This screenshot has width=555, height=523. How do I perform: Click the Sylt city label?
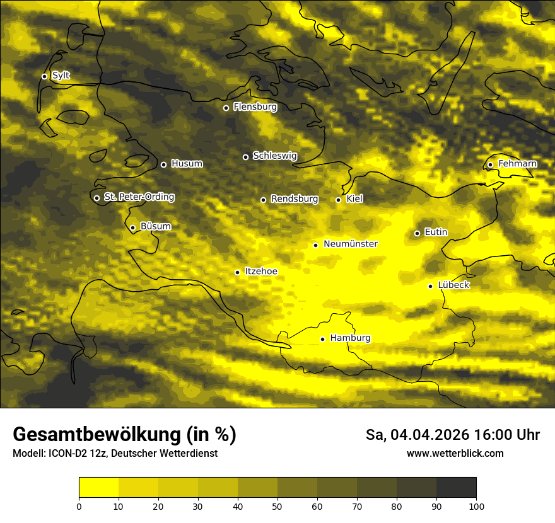point(61,76)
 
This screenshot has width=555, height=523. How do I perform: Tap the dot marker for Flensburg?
point(226,108)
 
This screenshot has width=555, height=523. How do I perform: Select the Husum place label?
point(187,164)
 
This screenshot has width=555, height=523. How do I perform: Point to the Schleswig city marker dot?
point(246,157)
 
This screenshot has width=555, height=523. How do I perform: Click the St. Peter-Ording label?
point(139,197)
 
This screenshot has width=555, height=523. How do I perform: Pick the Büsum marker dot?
point(132,227)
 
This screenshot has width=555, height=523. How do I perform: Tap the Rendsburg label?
point(294,199)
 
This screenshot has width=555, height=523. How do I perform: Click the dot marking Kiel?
point(338,200)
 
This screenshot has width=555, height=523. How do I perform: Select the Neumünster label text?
point(351,244)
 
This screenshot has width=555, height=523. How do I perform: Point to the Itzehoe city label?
point(260,272)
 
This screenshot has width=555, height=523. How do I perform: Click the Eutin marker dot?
point(417,233)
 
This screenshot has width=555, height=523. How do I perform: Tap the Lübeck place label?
point(453,285)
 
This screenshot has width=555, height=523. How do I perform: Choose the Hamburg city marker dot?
point(322,339)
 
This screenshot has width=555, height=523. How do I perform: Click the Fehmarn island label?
point(517,164)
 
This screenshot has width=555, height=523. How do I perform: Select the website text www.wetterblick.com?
point(455,453)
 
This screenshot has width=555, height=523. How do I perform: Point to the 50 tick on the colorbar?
point(277,506)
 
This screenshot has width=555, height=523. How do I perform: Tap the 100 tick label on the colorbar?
point(476,506)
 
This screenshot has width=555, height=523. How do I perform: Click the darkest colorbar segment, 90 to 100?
point(456,488)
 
